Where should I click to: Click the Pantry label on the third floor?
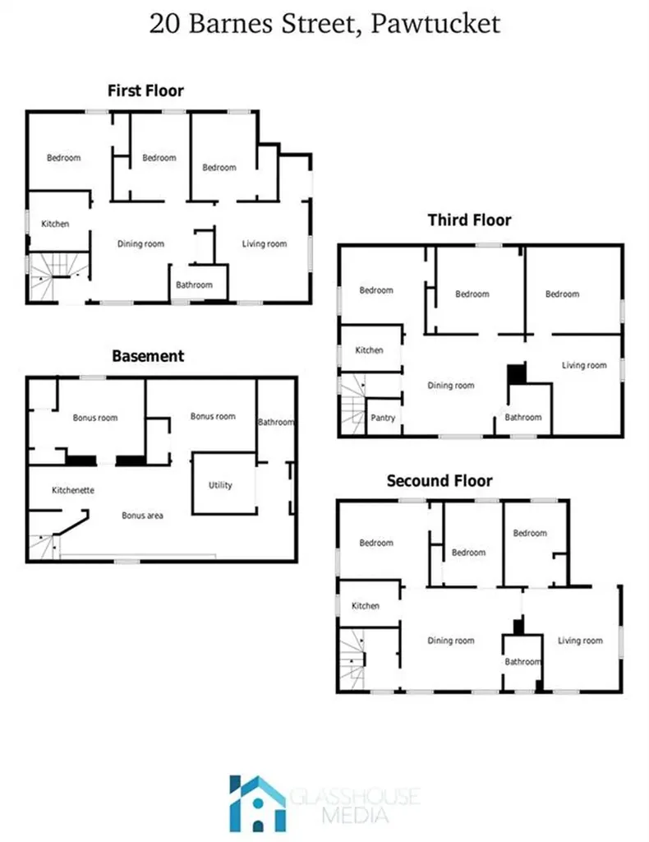tap(383, 418)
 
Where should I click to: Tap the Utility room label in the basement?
tap(220, 485)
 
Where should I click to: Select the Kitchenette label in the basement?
tap(73, 490)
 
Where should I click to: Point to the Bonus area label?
tap(142, 516)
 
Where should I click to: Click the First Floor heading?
tap(146, 90)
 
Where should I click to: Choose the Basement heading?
tap(148, 356)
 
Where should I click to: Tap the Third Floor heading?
tap(469, 220)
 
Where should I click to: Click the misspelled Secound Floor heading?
tap(440, 480)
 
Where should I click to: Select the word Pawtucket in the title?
tap(435, 24)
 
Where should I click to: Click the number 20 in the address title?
tap(164, 24)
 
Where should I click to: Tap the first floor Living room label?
tap(265, 243)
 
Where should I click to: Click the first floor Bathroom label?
tap(194, 285)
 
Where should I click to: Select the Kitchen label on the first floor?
tap(55, 224)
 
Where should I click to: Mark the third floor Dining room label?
tap(451, 386)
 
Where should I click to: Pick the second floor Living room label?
tap(580, 641)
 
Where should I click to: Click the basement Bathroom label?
tap(276, 422)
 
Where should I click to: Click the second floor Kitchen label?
tap(366, 606)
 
